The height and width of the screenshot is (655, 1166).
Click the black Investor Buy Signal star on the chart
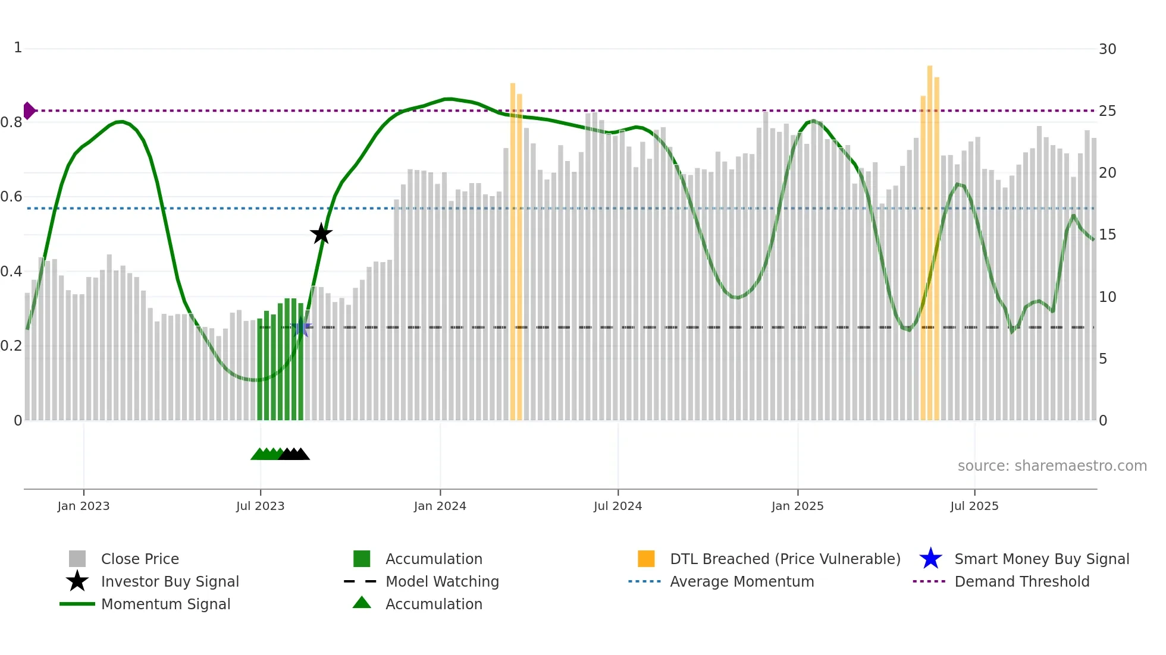[x=321, y=234]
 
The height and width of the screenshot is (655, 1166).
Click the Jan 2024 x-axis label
[x=440, y=506]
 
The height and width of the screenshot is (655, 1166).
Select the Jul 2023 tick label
[x=260, y=506]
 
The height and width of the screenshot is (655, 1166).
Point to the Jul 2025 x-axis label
[x=974, y=506]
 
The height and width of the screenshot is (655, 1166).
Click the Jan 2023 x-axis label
[x=83, y=506]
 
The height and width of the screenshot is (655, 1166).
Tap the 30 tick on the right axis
[x=1107, y=49]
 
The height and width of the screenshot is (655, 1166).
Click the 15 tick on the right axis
[x=1107, y=235]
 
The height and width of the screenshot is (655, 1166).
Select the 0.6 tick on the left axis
[x=11, y=197]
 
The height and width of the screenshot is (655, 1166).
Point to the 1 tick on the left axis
[x=18, y=48]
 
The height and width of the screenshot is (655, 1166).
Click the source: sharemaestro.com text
[x=1052, y=466]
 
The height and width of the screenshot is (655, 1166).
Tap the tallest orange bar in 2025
[x=930, y=238]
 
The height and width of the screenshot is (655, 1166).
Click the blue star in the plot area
[x=301, y=327]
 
